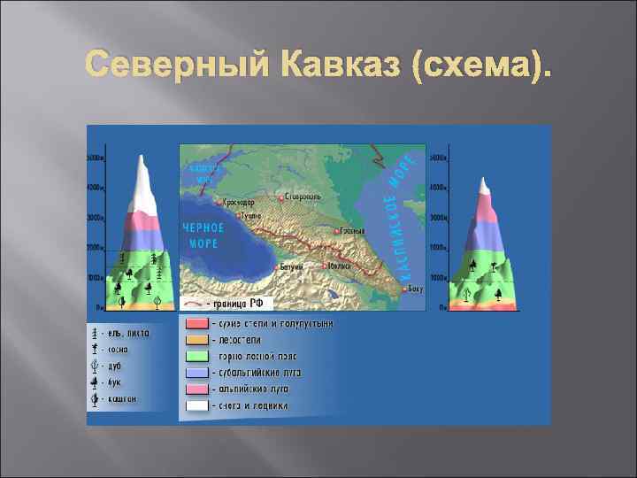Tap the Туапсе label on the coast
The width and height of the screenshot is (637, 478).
tap(250, 215)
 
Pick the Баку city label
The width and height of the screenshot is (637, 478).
tap(415, 289)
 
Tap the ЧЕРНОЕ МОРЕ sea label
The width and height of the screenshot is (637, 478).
tap(203, 235)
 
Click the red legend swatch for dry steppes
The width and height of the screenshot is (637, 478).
tap(197, 325)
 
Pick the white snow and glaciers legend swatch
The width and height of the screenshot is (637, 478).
tap(197, 405)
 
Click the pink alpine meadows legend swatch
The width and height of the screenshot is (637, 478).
tap(197, 389)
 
